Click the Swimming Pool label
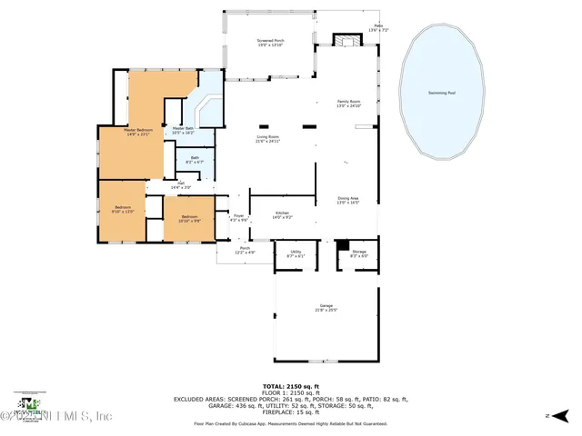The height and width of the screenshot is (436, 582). click(443, 94)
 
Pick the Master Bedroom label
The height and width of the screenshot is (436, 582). click(139, 133)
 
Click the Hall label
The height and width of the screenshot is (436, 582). click(180, 185)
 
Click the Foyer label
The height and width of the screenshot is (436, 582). click(238, 217)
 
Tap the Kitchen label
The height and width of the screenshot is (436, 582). click(283, 214)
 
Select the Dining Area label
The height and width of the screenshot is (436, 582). click(348, 200)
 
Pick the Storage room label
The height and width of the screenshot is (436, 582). click(358, 255)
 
